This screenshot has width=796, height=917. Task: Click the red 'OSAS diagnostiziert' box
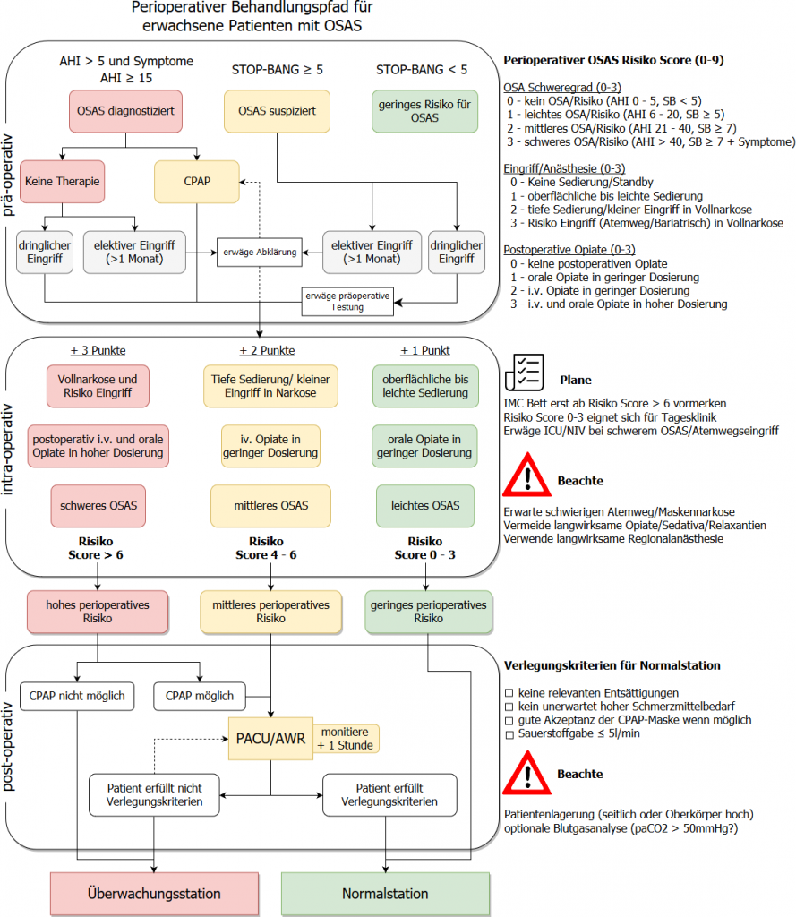click(x=125, y=111)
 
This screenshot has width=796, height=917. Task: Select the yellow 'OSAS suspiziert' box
click(x=277, y=111)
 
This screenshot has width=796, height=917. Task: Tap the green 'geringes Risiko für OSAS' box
click(x=424, y=111)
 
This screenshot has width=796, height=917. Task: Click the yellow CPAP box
click(x=196, y=182)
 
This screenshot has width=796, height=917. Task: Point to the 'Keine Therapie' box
click(x=62, y=182)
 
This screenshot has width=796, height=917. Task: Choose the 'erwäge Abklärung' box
click(x=260, y=252)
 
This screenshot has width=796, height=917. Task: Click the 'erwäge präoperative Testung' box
click(x=347, y=301)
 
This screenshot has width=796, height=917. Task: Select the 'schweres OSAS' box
click(x=98, y=506)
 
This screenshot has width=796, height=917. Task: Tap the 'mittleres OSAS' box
click(x=270, y=506)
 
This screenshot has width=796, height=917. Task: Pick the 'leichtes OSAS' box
click(x=425, y=506)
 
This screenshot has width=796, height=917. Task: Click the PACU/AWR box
click(x=270, y=739)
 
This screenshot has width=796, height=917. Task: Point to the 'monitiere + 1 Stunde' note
click(x=346, y=739)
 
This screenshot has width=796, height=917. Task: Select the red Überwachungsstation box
click(x=154, y=894)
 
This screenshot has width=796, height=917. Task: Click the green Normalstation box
click(x=385, y=894)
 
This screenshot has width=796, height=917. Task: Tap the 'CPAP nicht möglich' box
click(x=77, y=696)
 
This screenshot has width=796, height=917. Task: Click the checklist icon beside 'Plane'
click(x=525, y=373)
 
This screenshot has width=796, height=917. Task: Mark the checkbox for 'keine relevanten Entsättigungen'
click(x=509, y=694)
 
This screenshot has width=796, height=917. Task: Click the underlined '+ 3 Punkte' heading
click(x=98, y=350)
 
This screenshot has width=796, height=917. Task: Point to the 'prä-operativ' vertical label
click(x=7, y=175)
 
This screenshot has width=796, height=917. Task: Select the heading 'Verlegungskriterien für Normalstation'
click(x=612, y=665)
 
